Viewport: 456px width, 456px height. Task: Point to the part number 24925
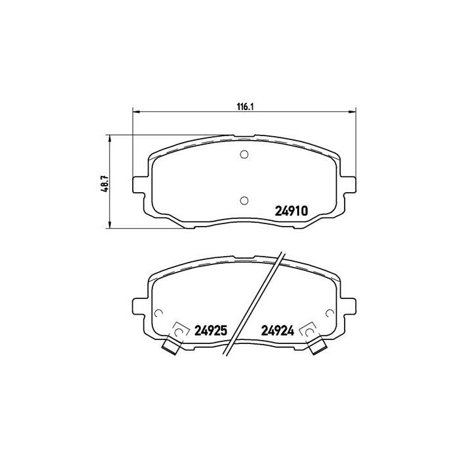(x=210, y=330)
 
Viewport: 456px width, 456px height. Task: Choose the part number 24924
(x=278, y=330)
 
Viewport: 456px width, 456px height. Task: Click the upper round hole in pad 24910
(x=244, y=154)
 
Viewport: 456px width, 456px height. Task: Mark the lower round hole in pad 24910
(x=244, y=200)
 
